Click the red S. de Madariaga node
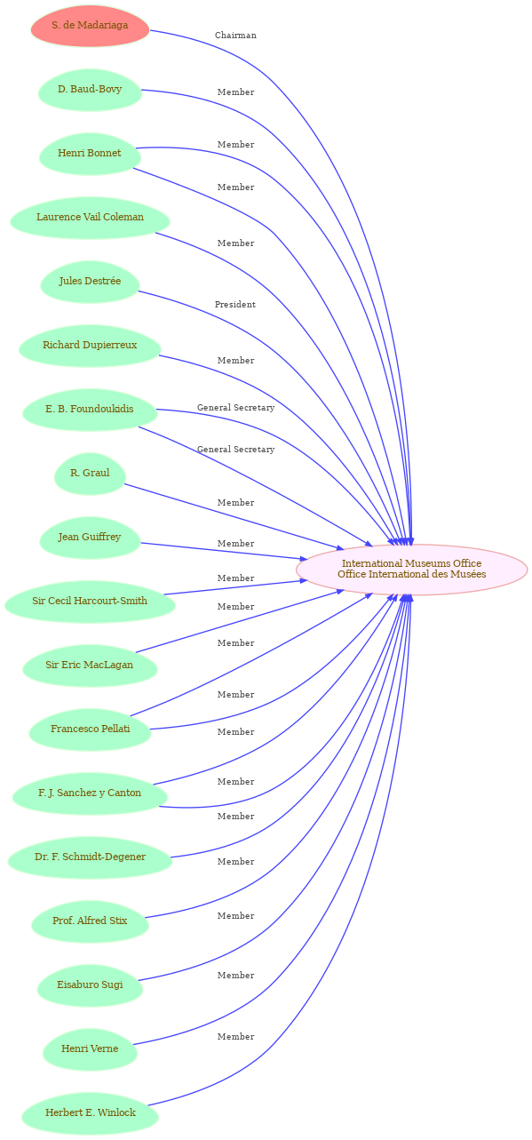coord(90,26)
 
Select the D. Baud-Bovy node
coord(90,90)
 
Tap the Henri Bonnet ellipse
coord(90,154)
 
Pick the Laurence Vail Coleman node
coord(90,218)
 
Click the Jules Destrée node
coord(90,282)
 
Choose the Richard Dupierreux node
coord(90,346)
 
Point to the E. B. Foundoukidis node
coord(90,410)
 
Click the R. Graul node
coord(90,474)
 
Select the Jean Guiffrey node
coord(90,538)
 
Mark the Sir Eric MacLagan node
coord(90,666)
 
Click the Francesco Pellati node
coord(90,729)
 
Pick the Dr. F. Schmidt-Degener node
coord(90,858)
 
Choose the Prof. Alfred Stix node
coord(90,921)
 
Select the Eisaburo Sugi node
coord(90,985)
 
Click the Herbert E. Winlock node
coord(90,1114)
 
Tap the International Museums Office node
coord(411,570)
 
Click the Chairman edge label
coord(235,36)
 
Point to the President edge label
coord(235,305)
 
